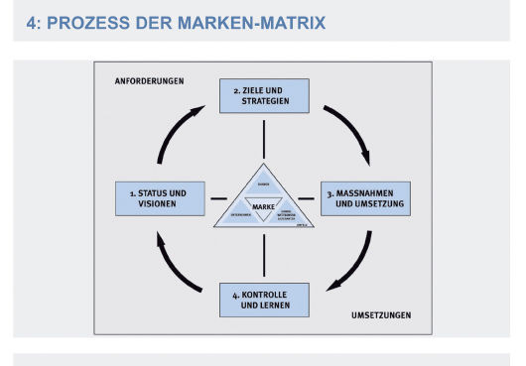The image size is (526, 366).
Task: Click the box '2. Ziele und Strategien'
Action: tap(264, 95)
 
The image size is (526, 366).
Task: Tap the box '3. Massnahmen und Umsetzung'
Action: tap(364, 197)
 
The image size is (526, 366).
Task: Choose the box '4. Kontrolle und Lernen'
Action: tap(264, 300)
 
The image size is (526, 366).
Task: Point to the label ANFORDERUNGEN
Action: tap(149, 81)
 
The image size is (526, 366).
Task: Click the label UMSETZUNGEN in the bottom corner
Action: tap(381, 315)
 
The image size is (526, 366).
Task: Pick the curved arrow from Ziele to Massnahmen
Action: tap(352, 126)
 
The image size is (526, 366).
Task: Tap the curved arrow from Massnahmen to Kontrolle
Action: tap(352, 266)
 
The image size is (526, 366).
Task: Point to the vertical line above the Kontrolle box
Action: tap(264, 254)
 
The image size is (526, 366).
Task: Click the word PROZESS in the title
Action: tap(99, 21)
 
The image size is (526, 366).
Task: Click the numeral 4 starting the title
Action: tap(33, 21)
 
